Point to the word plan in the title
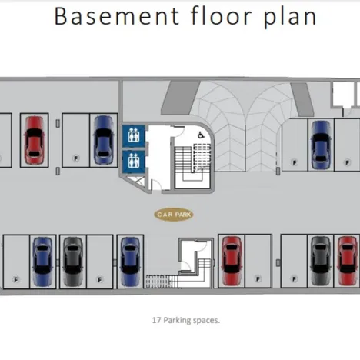click(290, 18)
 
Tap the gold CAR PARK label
click(174, 215)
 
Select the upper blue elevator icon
click(134, 136)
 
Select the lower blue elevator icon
click(134, 162)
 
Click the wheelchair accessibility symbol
click(201, 135)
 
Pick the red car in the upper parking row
click(34, 140)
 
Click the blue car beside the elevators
click(103, 140)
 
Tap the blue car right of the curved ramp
click(321, 145)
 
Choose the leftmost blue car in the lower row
click(42, 262)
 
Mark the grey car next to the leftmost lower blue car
click(73, 262)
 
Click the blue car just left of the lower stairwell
click(130, 262)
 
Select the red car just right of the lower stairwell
click(232, 261)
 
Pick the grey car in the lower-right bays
click(321, 261)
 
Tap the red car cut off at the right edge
click(348, 261)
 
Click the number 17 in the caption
click(157, 320)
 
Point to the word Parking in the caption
click(177, 321)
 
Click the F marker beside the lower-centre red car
click(258, 278)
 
